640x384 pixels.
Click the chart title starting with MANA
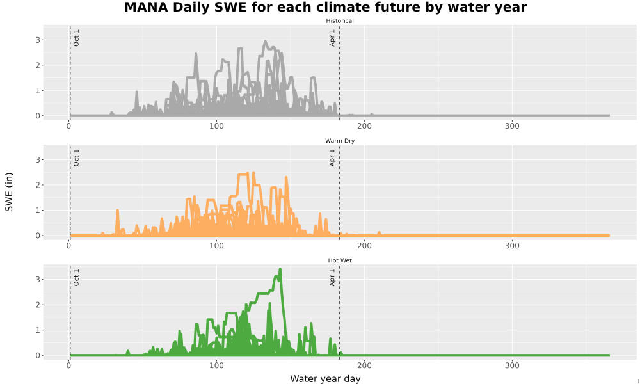[325, 7]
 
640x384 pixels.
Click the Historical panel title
[340, 21]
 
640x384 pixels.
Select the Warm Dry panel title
[340, 141]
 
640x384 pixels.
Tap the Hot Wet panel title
[340, 260]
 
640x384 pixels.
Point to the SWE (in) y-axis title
[9, 192]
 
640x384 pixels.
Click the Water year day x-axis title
[325, 379]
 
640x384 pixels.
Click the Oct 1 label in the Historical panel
[76, 38]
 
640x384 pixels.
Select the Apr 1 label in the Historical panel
[332, 38]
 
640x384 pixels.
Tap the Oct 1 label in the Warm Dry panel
[76, 157]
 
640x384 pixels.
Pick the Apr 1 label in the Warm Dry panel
[332, 157]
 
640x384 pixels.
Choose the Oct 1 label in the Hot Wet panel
[76, 277]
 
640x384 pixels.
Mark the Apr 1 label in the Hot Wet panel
[332, 277]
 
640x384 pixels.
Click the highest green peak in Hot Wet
[280, 269]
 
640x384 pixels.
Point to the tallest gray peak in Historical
[266, 41]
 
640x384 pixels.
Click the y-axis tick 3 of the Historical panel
[38, 40]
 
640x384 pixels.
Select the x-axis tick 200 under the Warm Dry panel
[364, 246]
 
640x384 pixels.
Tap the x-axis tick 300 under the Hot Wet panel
[512, 365]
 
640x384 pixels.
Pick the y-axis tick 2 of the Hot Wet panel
[38, 305]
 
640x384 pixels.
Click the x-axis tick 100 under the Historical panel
[216, 125]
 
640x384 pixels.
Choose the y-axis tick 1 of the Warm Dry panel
[38, 210]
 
